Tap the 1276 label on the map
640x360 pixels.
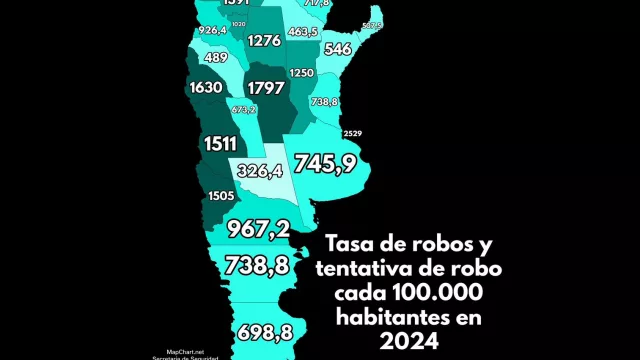point(264,41)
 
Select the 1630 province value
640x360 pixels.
point(205,88)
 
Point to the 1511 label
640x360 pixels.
point(220,144)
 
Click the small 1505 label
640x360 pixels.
point(221,196)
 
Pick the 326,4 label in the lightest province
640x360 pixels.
point(266,171)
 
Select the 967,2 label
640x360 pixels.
point(259,228)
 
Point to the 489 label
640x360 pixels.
point(215,58)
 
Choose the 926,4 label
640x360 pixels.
point(213,31)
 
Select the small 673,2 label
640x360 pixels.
point(244,109)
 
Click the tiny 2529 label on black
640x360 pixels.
point(353,134)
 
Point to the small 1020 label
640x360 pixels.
point(238,24)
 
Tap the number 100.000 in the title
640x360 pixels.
point(447,294)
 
